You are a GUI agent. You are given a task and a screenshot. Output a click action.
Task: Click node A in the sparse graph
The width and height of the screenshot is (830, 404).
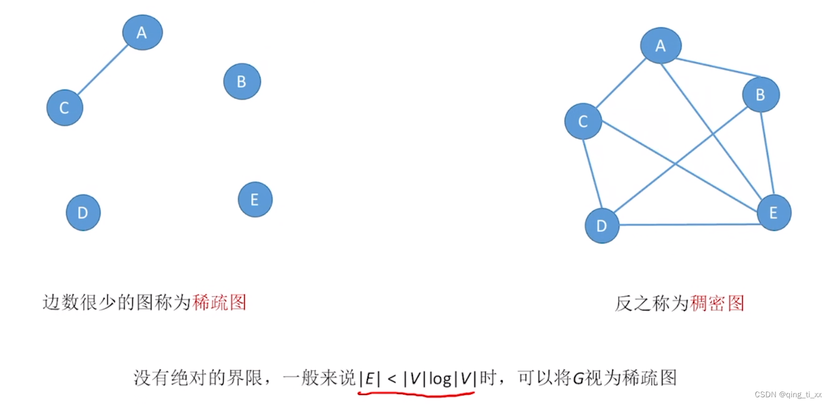coord(142,32)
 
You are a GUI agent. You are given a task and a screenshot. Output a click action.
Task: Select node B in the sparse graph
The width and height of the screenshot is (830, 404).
coord(242,81)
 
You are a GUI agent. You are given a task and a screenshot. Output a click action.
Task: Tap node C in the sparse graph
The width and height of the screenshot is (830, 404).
coord(65,108)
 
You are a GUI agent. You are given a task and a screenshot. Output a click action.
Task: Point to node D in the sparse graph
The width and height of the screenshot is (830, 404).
coord(83,213)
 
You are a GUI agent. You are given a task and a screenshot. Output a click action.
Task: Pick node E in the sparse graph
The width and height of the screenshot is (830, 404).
coord(255,200)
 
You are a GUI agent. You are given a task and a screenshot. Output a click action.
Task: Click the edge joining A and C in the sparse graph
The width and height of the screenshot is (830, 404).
coord(103,69)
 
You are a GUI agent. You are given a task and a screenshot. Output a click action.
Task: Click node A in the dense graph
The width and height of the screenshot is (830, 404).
coord(660,46)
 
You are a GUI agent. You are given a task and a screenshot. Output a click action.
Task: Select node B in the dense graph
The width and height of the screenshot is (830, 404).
coord(760,94)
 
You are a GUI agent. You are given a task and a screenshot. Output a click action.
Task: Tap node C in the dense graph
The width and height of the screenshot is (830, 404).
coord(583,121)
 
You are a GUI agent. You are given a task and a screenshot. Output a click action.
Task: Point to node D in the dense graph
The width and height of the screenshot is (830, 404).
coord(602,226)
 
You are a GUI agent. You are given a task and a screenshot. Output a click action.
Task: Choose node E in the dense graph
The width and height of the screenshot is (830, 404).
coord(773,213)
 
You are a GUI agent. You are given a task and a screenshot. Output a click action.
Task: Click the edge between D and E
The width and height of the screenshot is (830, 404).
coord(687,225)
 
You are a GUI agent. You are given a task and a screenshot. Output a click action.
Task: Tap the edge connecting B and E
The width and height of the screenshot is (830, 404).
coord(767,154)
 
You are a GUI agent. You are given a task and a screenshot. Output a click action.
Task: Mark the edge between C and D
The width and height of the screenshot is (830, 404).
coord(592,174)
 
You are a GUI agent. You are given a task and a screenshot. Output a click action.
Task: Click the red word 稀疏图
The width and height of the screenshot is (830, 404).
coord(219,302)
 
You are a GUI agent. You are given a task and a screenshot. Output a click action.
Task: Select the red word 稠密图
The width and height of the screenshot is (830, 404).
coord(717,303)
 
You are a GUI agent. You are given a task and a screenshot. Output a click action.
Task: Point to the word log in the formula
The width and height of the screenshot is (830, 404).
coord(440,379)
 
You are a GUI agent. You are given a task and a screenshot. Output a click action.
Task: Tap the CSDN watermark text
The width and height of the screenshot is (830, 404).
coord(788,395)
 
